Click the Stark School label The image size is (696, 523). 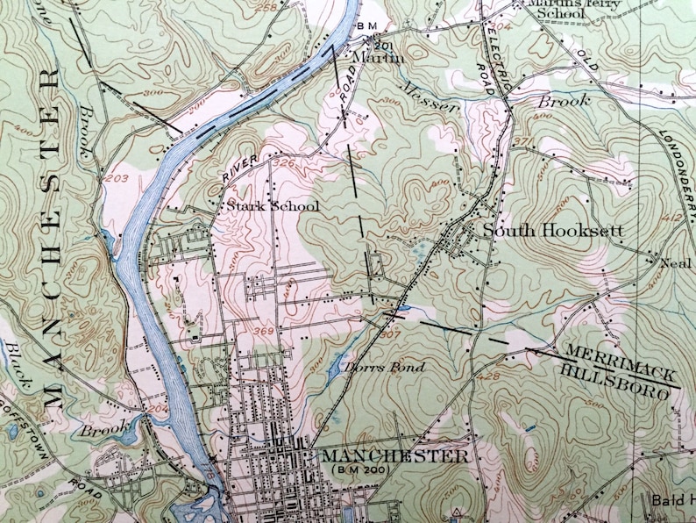(273, 206)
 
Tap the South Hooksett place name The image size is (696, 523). (553, 231)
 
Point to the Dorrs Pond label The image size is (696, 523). (383, 366)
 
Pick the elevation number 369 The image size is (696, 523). (261, 331)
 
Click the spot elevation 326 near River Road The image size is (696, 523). (283, 163)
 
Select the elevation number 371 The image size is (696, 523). (523, 142)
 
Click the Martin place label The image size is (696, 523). (378, 57)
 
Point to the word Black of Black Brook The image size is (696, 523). (20, 368)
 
